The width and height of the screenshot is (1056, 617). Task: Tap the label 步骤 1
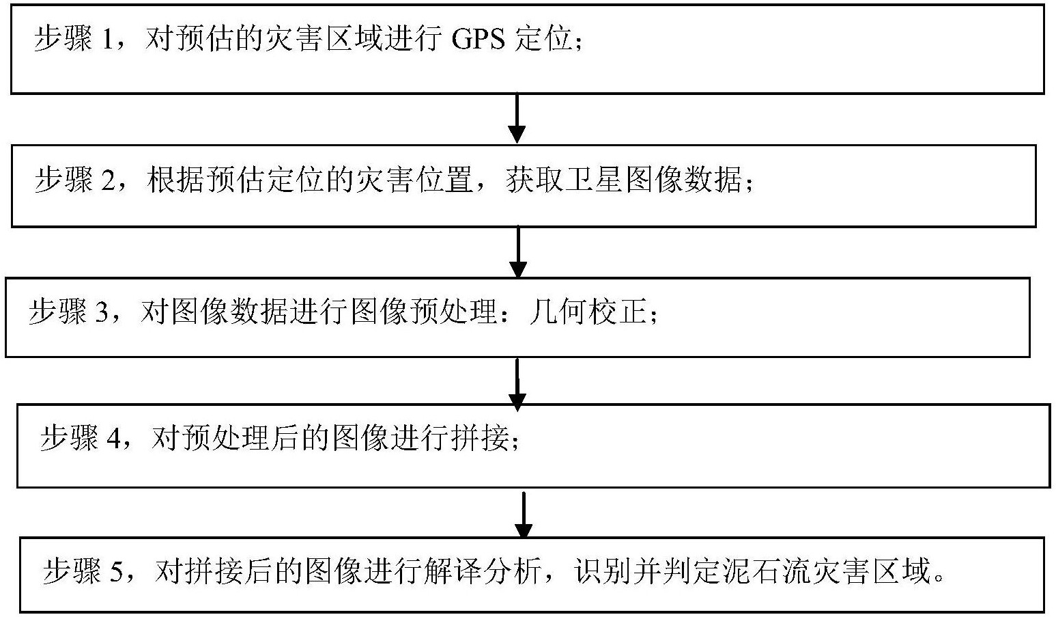tap(73, 40)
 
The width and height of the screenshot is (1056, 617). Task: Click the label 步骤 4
tap(80, 438)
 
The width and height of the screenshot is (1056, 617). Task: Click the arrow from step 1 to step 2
tap(517, 118)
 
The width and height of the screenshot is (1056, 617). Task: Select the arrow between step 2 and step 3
tap(518, 251)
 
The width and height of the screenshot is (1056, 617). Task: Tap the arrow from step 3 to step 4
tap(517, 383)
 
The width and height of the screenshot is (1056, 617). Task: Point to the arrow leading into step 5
tap(522, 515)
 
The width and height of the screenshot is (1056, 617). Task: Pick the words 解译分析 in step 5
tap(483, 571)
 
